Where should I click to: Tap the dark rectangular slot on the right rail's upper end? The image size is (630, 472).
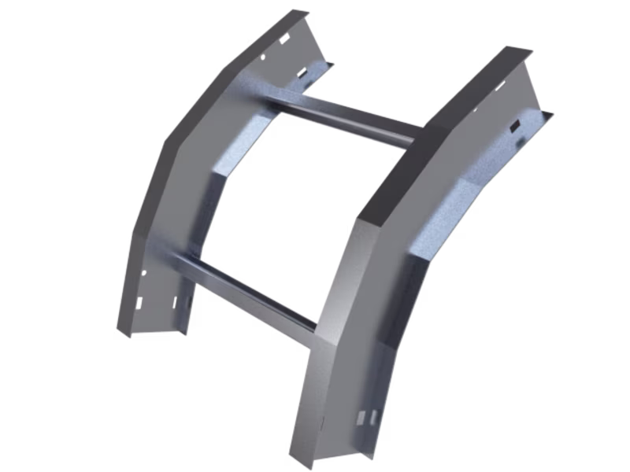click(513, 126)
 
